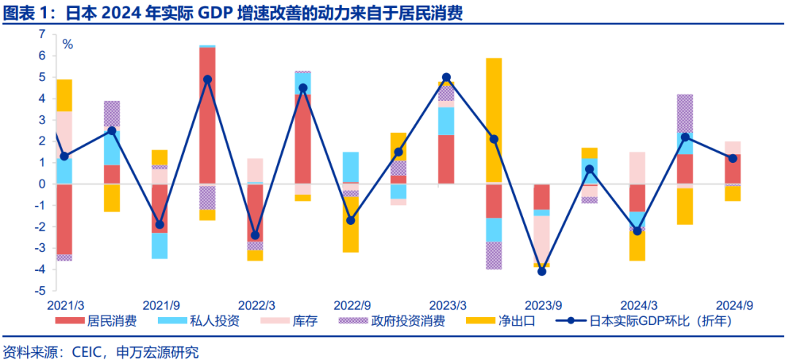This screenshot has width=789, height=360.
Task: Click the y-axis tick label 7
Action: [42, 34]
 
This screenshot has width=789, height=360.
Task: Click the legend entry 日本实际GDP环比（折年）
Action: [650, 320]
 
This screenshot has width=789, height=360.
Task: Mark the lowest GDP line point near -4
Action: [541, 271]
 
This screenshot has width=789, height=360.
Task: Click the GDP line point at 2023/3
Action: [446, 77]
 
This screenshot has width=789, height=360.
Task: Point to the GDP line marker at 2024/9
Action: [733, 158]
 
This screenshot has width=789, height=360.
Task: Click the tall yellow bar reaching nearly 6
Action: [494, 117]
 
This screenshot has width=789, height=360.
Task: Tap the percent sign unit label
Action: [67, 45]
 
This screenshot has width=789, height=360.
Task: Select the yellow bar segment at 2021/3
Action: [64, 95]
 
